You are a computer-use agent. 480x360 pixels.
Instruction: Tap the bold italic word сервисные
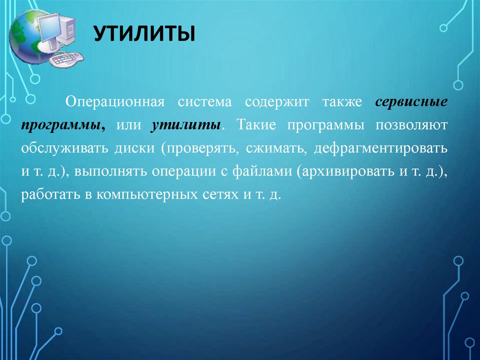pos(411,102)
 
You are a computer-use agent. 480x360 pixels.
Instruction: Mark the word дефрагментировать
pos(381,148)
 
